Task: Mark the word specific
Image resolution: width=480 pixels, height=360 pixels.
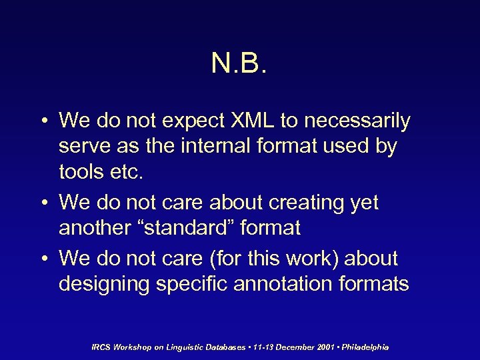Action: click(189, 284)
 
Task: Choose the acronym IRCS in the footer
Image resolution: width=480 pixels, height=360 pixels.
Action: click(101, 347)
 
